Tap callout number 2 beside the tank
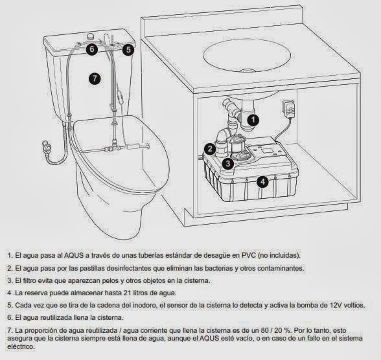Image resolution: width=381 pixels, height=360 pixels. (x=209, y=149)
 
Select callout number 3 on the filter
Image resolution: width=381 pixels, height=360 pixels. (x=228, y=164)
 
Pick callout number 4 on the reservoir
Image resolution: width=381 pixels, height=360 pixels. (x=262, y=182)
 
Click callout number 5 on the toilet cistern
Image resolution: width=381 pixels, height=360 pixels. (x=128, y=49)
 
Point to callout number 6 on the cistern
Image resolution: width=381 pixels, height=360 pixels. (x=92, y=49)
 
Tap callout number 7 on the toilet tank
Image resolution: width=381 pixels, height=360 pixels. (x=95, y=78)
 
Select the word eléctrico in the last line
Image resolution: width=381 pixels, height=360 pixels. (x=23, y=346)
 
